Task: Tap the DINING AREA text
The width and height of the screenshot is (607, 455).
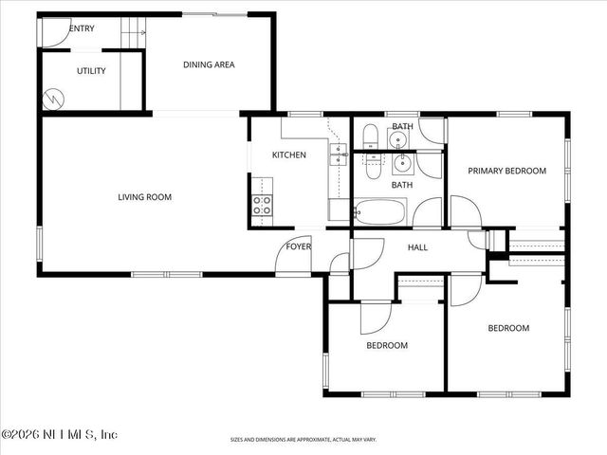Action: [209, 64]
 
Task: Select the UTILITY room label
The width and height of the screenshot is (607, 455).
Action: [91, 71]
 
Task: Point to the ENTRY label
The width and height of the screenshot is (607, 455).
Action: [82, 28]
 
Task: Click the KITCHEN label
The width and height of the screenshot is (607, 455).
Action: [288, 155]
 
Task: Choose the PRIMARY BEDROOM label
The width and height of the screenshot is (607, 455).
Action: [507, 171]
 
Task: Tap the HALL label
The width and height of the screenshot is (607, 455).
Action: [418, 247]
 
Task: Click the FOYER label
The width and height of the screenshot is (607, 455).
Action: [299, 246]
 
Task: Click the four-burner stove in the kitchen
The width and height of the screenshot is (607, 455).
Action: [261, 207]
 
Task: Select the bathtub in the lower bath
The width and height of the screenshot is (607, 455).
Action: [380, 211]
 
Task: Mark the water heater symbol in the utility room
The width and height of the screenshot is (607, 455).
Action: [54, 98]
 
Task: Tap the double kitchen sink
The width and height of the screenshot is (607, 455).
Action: [338, 154]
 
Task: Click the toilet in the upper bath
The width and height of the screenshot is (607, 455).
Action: [372, 135]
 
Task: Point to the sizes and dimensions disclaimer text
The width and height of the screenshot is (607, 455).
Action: [303, 440]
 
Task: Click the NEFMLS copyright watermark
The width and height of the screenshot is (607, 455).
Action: [59, 434]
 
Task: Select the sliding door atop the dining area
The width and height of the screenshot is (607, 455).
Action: [213, 14]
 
